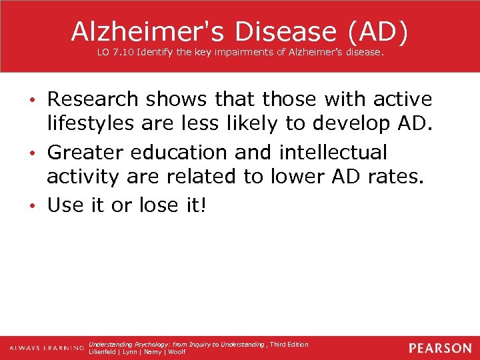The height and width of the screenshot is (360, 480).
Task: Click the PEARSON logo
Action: click(440, 348)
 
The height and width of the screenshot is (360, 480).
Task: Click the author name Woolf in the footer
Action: click(177, 351)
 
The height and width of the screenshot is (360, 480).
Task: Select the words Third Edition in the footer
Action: click(289, 345)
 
